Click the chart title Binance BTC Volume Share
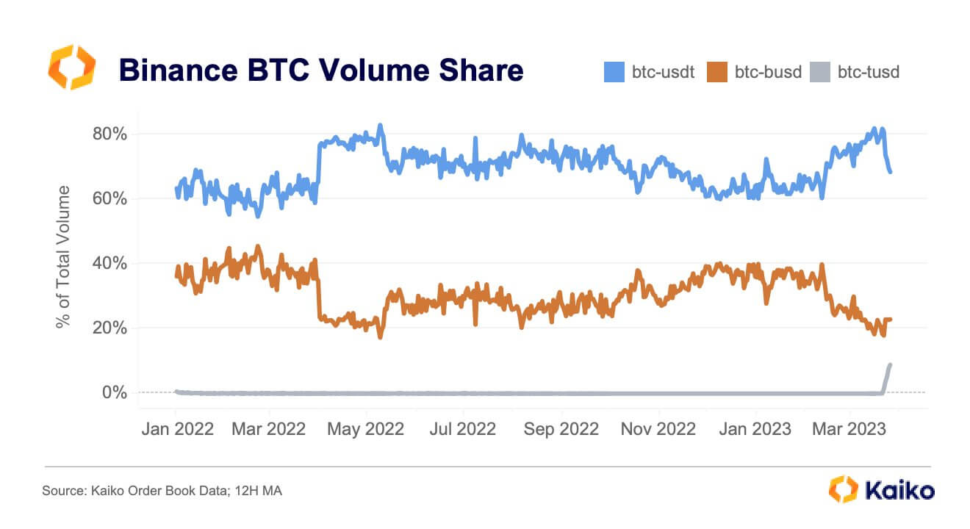321,71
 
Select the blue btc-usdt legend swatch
614,71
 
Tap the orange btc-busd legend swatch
717,71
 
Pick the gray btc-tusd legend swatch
820,71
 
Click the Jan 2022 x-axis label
176,429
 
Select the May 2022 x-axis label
366,429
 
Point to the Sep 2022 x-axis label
561,429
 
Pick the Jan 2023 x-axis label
754,429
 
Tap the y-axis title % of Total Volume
65,257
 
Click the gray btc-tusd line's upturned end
890,366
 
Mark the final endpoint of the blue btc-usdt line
891,172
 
